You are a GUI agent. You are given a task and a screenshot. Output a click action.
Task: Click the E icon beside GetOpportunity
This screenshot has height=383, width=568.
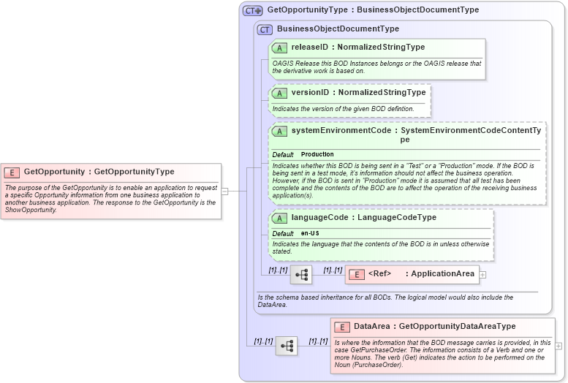[12, 172]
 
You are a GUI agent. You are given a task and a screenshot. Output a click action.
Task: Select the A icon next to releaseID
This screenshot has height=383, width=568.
[279, 48]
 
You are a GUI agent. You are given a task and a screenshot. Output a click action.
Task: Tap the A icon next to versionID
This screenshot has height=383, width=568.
[279, 93]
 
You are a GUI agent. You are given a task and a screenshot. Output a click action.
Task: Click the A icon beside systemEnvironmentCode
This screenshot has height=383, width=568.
[279, 132]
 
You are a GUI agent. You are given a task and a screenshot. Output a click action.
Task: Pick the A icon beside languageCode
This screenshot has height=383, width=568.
[279, 218]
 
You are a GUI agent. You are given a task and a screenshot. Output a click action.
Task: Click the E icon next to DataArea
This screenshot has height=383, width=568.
[342, 327]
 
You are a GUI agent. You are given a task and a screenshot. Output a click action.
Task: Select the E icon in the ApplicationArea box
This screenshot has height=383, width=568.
[356, 274]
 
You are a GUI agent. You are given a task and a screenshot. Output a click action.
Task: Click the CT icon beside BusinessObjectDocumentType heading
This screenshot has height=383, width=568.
[265, 29]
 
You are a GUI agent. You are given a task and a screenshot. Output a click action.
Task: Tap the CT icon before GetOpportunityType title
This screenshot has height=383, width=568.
[253, 11]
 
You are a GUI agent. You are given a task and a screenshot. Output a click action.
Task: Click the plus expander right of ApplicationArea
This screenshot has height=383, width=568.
[482, 275]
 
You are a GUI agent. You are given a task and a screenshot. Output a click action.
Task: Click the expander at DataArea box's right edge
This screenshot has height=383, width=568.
[558, 346]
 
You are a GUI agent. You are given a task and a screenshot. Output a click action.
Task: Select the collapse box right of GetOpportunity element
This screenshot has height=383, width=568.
[225, 191]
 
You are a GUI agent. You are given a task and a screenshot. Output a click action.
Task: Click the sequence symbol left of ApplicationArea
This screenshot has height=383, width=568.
[301, 275]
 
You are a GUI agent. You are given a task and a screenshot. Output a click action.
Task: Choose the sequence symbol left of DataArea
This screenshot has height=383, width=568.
[287, 346]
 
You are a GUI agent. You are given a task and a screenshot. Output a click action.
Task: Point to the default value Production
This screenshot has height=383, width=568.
[317, 155]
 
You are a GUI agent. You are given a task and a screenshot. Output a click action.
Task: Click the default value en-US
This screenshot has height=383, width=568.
[310, 233]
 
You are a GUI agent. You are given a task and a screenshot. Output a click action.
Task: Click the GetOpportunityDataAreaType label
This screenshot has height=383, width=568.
[458, 327]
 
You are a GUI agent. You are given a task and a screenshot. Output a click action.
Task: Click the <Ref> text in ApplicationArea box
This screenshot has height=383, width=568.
[380, 274]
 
